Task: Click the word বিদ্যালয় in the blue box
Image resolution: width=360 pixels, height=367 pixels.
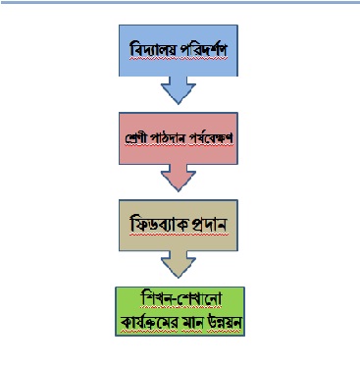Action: point(153,49)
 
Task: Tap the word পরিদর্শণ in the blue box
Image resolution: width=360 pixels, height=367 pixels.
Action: point(203,49)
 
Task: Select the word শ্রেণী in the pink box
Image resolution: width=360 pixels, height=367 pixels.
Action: point(136,137)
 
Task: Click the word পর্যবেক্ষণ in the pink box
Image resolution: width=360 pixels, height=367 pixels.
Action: point(209,137)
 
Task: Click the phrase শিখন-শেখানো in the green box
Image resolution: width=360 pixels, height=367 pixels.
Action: point(180,298)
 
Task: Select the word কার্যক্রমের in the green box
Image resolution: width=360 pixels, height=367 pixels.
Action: point(149,322)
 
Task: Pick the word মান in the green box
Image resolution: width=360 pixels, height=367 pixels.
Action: point(192,322)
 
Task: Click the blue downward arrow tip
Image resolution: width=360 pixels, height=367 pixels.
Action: point(179,104)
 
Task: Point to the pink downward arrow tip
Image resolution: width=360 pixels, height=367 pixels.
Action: point(179,191)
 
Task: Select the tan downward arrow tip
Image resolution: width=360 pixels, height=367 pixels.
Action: point(179,278)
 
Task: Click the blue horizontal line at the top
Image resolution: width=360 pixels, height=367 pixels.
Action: point(180,2)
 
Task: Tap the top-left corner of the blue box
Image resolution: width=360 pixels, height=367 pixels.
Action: point(119,26)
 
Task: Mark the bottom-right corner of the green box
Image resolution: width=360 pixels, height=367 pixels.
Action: point(244,336)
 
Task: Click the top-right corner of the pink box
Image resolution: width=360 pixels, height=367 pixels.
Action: point(237,113)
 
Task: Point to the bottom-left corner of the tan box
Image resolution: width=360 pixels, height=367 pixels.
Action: point(119,251)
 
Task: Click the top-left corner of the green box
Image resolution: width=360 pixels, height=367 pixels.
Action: point(116,288)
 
